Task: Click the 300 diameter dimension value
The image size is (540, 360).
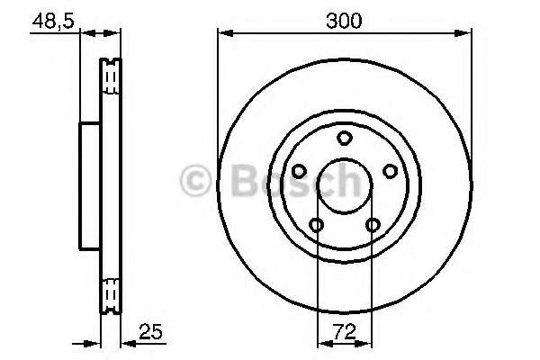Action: [x=345, y=20]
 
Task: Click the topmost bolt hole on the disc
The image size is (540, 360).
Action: [x=344, y=138]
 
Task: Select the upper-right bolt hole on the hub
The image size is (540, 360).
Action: [x=390, y=170]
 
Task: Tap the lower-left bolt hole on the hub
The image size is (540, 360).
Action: [x=316, y=225]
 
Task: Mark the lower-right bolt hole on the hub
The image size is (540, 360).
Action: [x=373, y=225]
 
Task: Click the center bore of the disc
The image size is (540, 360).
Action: [x=344, y=186]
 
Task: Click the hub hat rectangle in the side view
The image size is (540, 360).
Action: [x=90, y=186]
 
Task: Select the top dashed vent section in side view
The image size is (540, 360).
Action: [x=112, y=79]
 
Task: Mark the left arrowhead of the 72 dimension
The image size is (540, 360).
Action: [x=322, y=342]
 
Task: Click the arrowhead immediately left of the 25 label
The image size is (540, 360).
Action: [x=126, y=342]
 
